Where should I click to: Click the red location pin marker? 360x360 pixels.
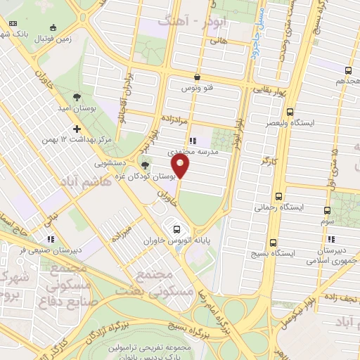click(x=181, y=167)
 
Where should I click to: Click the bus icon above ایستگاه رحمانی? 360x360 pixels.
click(x=279, y=196)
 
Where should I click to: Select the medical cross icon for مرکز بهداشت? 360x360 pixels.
click(x=77, y=129)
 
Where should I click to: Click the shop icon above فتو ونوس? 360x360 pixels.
click(x=196, y=77)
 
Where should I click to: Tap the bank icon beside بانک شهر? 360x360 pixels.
click(x=12, y=24)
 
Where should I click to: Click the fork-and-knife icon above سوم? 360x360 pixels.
click(x=328, y=211)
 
